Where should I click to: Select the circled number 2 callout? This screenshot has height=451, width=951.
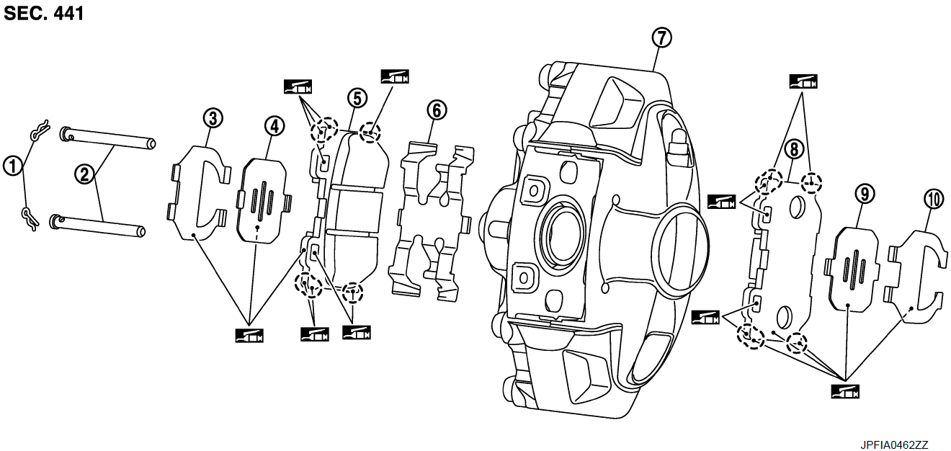coord(85,174)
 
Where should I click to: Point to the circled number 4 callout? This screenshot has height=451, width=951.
coord(273,126)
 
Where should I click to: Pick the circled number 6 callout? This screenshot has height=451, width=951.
coord(436,110)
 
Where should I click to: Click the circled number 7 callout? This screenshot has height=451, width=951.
coord(661,37)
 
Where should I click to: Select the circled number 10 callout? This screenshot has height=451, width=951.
coord(934,200)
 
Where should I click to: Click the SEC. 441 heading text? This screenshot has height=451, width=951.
coord(44,14)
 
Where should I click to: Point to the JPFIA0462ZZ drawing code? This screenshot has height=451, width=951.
coord(893,445)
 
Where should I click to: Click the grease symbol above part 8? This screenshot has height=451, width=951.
coord(803,81)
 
